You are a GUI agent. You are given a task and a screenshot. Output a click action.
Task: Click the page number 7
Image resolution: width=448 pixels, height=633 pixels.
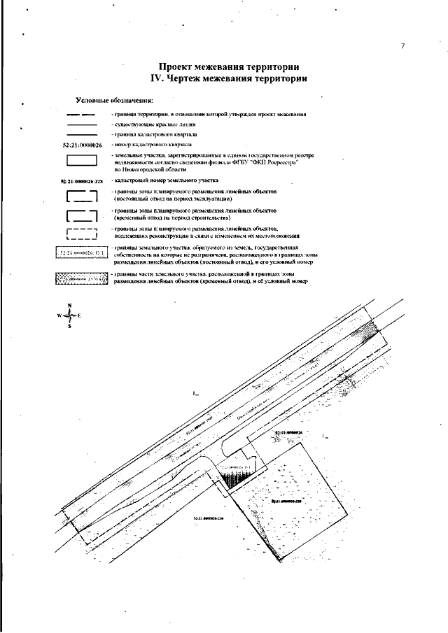[402, 46]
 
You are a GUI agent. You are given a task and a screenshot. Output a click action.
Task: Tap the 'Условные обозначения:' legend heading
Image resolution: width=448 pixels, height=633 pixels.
[114, 101]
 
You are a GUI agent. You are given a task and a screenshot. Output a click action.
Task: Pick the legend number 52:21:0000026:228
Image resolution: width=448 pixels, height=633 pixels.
[82, 180]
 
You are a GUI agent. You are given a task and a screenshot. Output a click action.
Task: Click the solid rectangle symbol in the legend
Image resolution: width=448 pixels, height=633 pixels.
[82, 160]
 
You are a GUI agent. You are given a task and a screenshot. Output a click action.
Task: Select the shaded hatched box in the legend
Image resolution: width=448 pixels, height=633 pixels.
[82, 279]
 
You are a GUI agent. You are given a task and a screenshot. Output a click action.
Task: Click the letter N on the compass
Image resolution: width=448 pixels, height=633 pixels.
[69, 306]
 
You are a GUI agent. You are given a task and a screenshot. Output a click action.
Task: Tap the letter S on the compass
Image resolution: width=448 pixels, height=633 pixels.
[69, 326]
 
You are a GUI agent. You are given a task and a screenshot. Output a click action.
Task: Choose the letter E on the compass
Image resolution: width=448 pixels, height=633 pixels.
[80, 316]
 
